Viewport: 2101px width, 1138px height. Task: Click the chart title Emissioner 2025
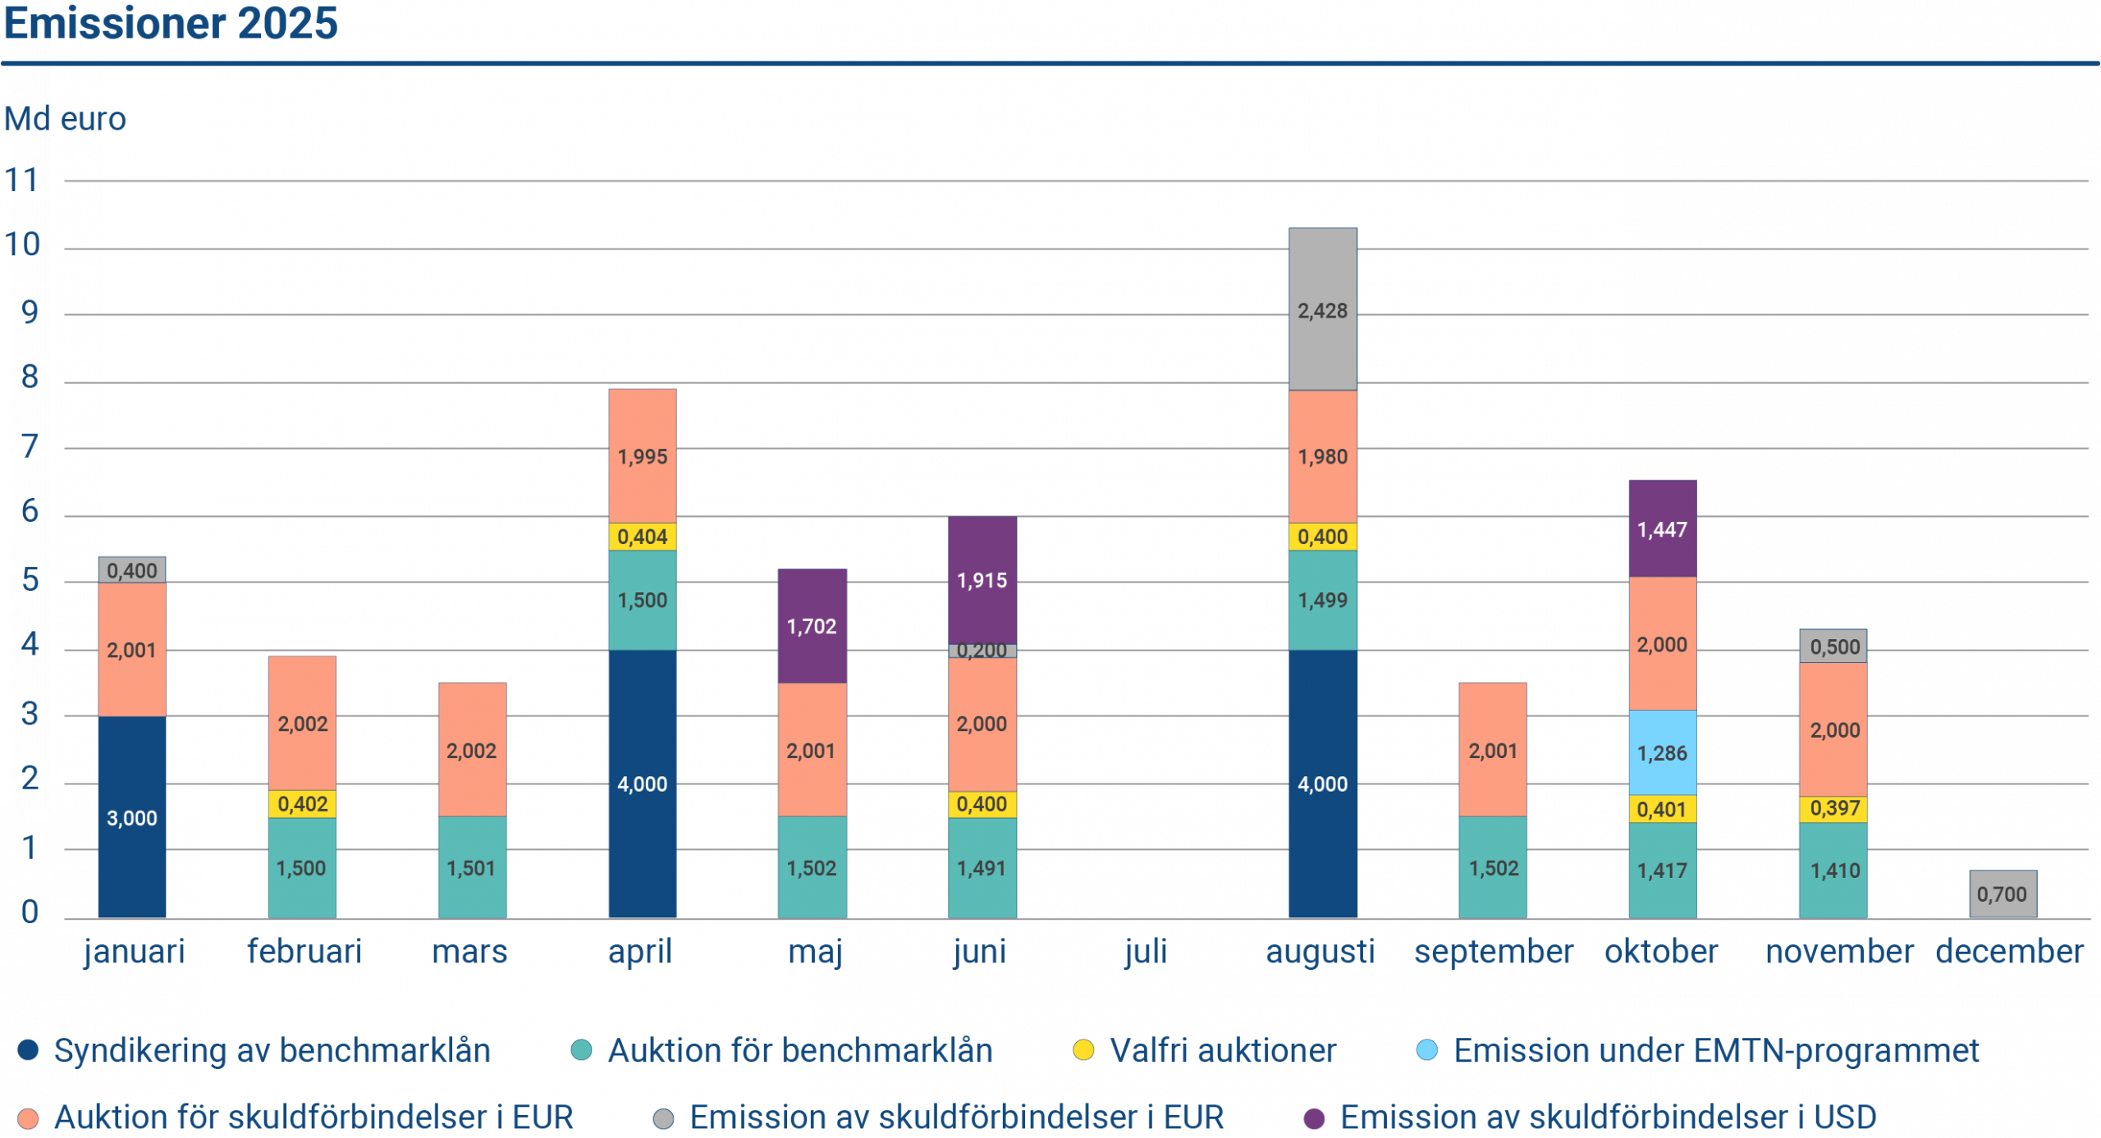(171, 23)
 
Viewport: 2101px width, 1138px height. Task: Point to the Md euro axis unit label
(65, 120)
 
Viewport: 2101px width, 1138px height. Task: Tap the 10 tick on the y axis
(23, 245)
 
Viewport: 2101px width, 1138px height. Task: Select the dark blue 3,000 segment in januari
(132, 817)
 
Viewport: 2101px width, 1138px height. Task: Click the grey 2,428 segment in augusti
(1322, 310)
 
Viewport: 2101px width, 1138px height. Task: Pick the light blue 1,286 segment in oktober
(1662, 752)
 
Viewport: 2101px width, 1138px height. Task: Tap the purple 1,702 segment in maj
(812, 626)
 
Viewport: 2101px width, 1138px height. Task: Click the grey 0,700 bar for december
(2002, 893)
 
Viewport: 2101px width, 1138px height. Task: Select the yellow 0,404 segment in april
(642, 537)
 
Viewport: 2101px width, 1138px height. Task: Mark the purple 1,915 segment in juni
(982, 580)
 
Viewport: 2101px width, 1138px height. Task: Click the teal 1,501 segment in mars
(471, 867)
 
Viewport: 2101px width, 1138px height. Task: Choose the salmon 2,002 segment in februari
(302, 723)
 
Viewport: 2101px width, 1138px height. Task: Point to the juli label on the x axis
(1146, 952)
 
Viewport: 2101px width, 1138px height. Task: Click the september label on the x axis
(1493, 952)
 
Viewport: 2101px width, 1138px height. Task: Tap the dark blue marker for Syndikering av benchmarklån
(29, 1050)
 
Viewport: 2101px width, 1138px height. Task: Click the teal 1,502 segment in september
(1493, 867)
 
